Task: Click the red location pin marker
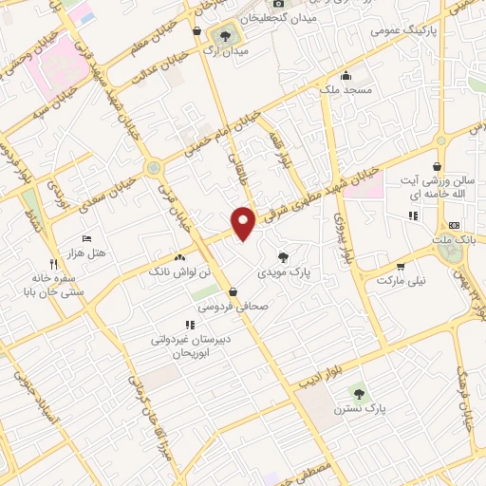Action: (244, 222)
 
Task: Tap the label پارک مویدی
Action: (284, 271)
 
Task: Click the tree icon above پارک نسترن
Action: (358, 393)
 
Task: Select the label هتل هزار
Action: (84, 252)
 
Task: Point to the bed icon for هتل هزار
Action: (87, 237)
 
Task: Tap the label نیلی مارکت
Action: (402, 281)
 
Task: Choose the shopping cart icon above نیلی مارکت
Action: (402, 267)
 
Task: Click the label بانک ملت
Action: (454, 240)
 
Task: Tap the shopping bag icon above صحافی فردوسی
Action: (234, 291)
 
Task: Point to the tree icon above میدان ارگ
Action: (225, 36)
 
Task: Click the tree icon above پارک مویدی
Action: (284, 256)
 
